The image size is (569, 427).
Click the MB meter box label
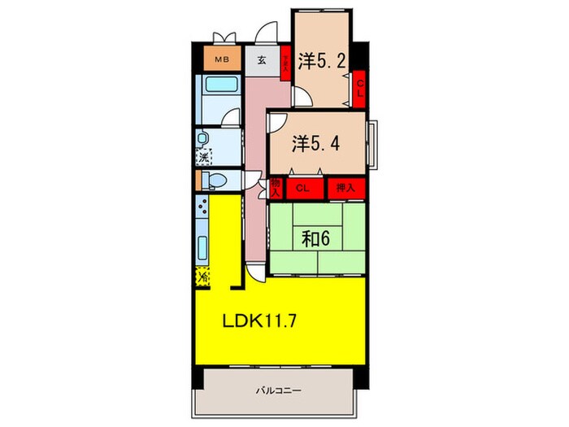222,59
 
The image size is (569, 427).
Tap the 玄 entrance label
263,60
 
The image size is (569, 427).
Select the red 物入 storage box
276,189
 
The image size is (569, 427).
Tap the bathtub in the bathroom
218,85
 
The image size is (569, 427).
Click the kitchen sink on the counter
202,245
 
